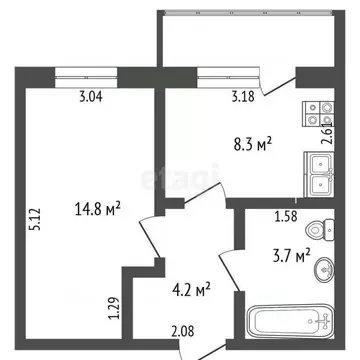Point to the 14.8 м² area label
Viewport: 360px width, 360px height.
[x=97, y=208]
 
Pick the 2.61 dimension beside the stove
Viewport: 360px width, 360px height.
[x=326, y=133]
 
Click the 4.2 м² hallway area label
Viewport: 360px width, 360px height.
[x=189, y=291]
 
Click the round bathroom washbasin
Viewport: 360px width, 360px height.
[x=321, y=269]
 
